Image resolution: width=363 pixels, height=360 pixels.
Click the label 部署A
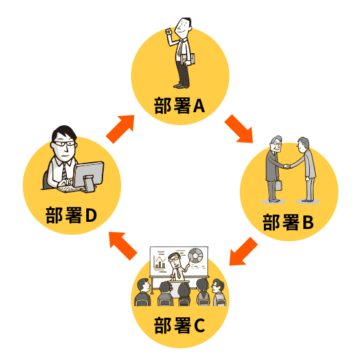click(x=180, y=106)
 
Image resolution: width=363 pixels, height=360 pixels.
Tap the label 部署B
click(x=288, y=222)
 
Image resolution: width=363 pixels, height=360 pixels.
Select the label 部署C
click(x=180, y=325)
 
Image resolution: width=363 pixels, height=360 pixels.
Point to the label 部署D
click(x=71, y=215)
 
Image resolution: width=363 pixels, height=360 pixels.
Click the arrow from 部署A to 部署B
click(x=239, y=129)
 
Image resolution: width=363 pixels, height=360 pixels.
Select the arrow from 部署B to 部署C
click(x=243, y=252)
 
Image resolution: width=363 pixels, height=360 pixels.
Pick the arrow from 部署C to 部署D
click(x=123, y=246)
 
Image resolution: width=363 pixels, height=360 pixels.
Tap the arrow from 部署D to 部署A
click(x=121, y=129)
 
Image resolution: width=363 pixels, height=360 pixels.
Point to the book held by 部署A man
click(x=188, y=60)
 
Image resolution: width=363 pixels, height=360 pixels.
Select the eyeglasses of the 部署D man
click(x=64, y=143)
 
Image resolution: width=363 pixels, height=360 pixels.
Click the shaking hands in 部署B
click(x=287, y=166)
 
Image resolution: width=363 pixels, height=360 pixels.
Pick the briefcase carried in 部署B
click(x=279, y=185)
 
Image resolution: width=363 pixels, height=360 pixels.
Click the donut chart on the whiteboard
click(x=195, y=256)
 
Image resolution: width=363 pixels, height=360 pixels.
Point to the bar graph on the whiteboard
click(x=159, y=263)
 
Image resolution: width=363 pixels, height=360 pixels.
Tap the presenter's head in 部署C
click(x=175, y=259)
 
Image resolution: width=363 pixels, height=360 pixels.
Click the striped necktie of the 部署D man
click(x=65, y=171)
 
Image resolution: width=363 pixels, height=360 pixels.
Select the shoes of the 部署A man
click(x=181, y=86)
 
